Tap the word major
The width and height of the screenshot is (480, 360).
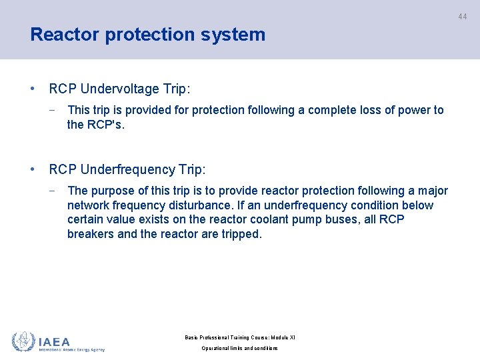click(433, 191)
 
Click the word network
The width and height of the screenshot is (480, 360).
click(89, 205)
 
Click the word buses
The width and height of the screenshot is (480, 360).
click(338, 220)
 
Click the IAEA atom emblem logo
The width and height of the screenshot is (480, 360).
click(23, 341)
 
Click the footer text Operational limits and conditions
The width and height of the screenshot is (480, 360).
click(239, 349)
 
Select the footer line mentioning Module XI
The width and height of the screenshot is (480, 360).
click(239, 337)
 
